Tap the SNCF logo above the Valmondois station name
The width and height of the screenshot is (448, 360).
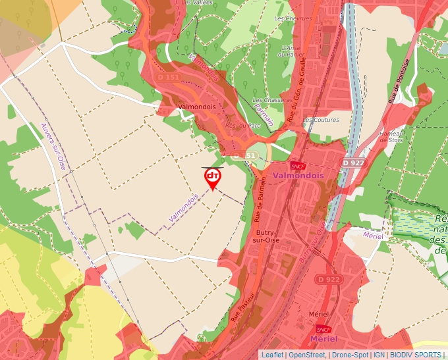[298, 167]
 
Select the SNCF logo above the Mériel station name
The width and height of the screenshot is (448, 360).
[323, 329]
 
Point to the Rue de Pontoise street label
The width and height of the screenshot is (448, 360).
[400, 80]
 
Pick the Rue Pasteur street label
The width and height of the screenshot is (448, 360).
[242, 307]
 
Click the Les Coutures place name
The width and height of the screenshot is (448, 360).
[322, 120]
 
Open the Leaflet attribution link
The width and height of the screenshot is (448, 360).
[273, 355]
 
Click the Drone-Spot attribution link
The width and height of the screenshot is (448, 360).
[350, 355]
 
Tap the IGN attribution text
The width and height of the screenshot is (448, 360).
[379, 355]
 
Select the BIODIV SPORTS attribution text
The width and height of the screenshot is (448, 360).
[416, 355]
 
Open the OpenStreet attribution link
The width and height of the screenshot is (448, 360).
[307, 355]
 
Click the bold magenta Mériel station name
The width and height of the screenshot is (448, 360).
[323, 339]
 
